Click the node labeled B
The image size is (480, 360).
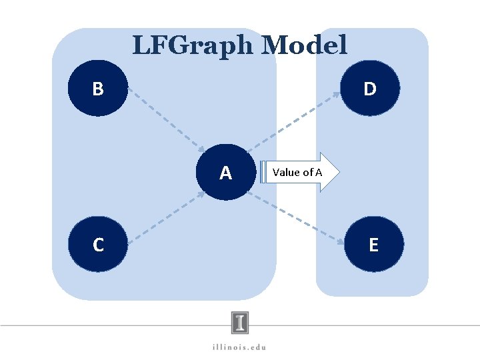(97, 88)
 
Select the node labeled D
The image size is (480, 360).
(370, 88)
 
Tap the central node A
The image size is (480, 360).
(226, 173)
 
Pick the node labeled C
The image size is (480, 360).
(97, 245)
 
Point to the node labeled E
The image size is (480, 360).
(373, 245)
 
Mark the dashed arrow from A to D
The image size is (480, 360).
(293, 121)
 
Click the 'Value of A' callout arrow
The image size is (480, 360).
(301, 173)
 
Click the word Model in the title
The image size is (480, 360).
(305, 45)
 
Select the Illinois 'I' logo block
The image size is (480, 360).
(241, 323)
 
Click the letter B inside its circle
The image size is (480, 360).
(97, 89)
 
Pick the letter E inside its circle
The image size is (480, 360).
(373, 245)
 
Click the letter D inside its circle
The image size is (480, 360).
(370, 89)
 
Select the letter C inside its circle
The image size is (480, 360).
(98, 245)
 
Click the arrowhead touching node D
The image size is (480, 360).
(337, 96)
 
